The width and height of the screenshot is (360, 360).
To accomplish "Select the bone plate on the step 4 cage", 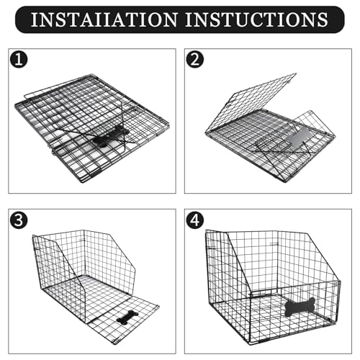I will pyautogui.click(x=299, y=307).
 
